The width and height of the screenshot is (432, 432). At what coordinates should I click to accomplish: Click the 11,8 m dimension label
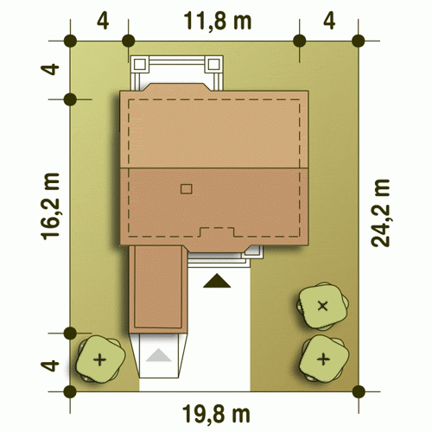click(x=218, y=21)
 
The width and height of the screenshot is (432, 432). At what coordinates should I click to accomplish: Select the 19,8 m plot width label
click(x=216, y=414)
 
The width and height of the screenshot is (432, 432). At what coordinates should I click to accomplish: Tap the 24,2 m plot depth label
click(x=380, y=213)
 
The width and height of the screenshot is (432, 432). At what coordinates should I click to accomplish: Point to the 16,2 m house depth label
click(x=51, y=206)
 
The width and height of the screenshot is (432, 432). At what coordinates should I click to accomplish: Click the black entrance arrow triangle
click(x=217, y=281)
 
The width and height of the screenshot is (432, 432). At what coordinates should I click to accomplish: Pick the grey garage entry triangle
click(x=158, y=355)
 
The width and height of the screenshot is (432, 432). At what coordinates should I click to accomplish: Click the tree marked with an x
click(x=322, y=306)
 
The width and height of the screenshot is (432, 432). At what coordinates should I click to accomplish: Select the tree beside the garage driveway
click(x=100, y=359)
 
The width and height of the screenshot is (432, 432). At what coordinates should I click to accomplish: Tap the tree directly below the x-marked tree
click(x=323, y=359)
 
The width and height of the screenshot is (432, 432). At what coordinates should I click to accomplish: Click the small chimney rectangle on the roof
click(x=187, y=189)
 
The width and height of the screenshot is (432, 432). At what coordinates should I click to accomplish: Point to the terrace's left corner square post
click(x=140, y=64)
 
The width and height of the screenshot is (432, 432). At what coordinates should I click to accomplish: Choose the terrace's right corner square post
click(x=213, y=64)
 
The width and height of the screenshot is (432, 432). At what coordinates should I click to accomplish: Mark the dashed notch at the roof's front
click(x=217, y=232)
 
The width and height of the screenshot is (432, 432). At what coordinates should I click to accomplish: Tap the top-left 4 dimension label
click(x=103, y=21)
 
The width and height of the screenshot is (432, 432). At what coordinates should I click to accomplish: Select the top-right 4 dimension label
click(x=329, y=21)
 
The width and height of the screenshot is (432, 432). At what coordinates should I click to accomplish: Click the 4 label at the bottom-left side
click(x=50, y=365)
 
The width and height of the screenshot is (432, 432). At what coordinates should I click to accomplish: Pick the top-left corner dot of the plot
click(x=70, y=41)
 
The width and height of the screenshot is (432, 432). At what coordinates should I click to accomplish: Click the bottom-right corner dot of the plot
click(x=359, y=391)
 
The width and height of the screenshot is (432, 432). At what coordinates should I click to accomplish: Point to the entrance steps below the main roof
click(x=219, y=259)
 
